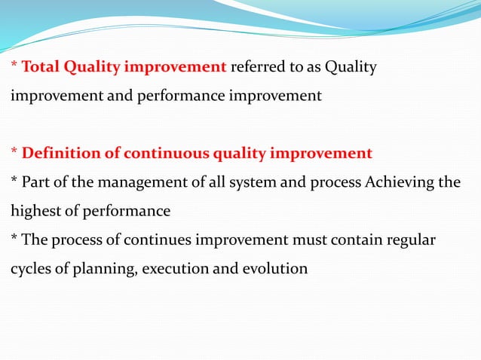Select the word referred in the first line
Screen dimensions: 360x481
[256, 68]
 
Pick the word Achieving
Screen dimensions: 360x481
[393, 183]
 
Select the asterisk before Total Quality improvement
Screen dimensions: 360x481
[14, 66]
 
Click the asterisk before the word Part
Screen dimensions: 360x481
[14, 182]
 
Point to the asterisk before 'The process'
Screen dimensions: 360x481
[14, 239]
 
